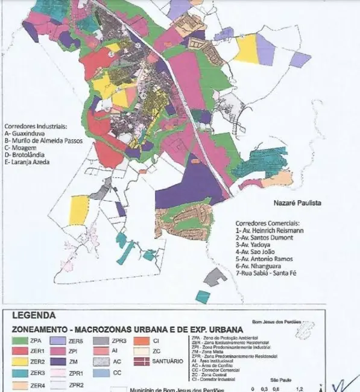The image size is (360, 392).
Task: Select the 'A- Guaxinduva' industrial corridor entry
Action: point(28,134)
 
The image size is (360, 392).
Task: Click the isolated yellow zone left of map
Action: point(79,209)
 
